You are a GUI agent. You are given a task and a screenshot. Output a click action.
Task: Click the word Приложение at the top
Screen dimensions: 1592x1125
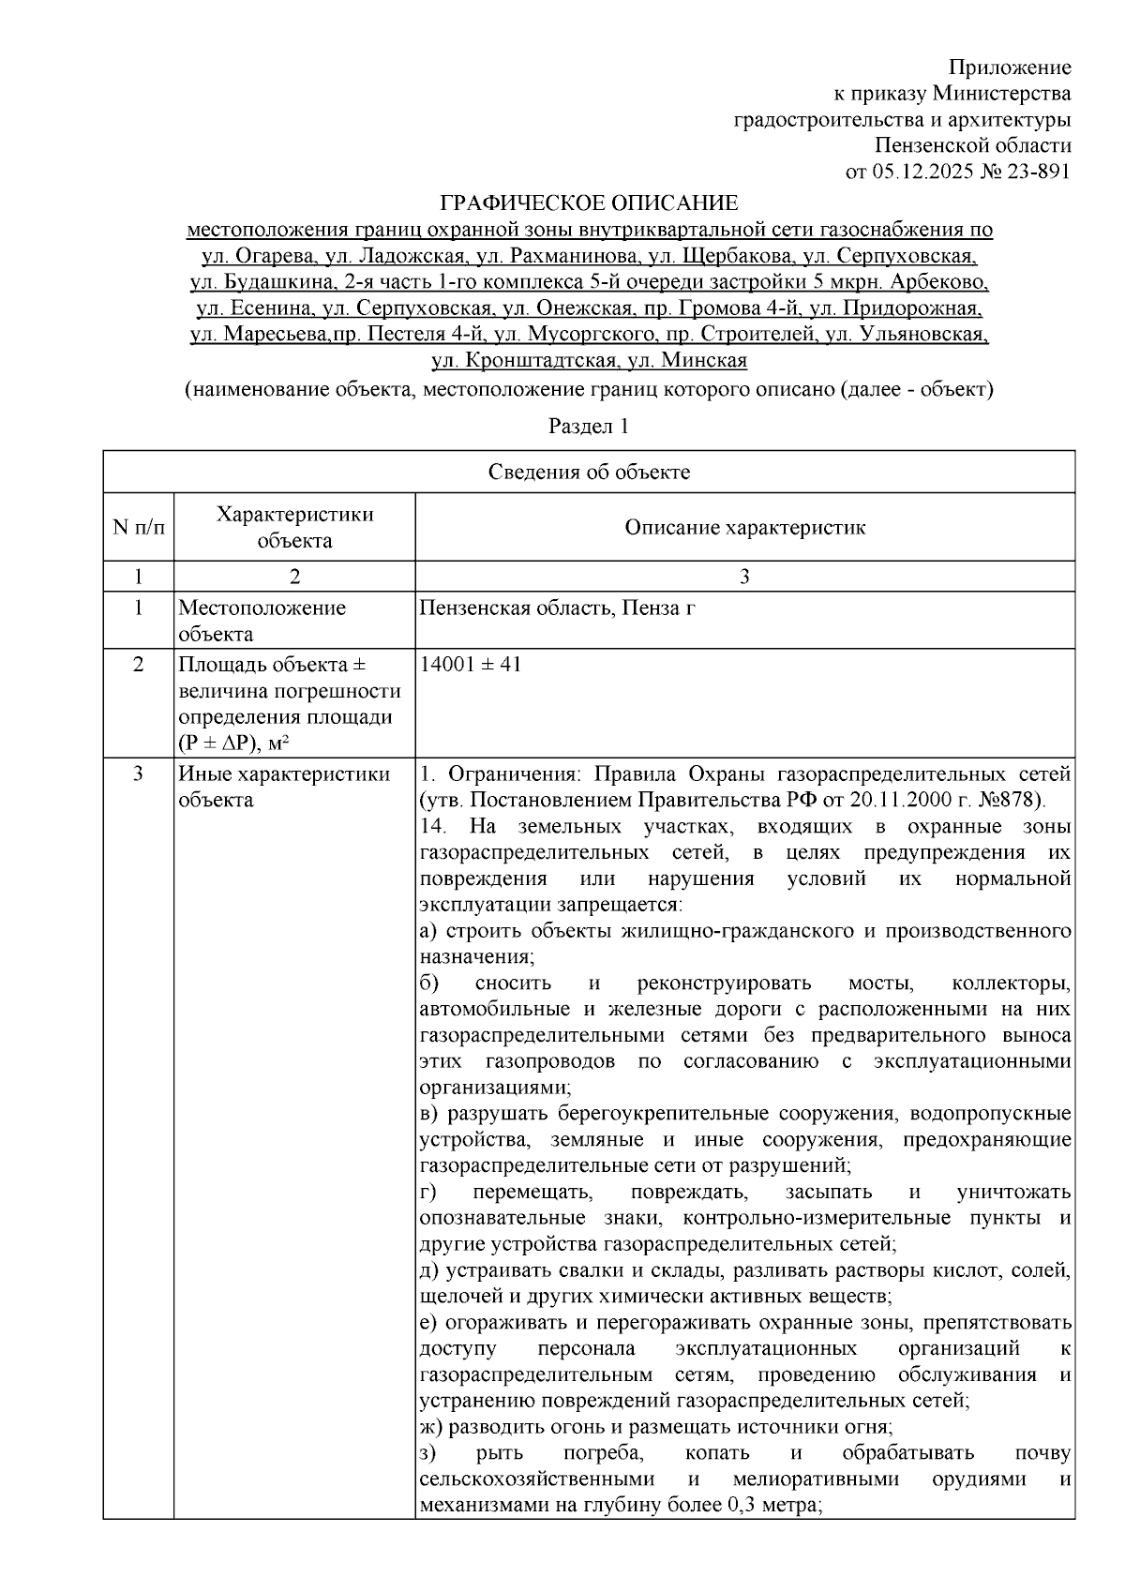click(x=1009, y=68)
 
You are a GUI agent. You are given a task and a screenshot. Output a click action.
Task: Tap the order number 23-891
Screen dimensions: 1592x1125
click(x=1039, y=172)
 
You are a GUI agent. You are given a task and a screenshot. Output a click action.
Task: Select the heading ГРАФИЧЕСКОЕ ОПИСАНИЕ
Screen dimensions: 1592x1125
click(x=590, y=203)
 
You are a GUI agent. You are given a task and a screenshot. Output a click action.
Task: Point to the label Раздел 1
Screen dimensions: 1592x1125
click(x=589, y=427)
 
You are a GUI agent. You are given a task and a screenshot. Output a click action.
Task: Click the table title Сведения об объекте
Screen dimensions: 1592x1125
click(x=589, y=472)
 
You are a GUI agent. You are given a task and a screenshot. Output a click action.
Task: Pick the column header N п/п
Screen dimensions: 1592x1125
click(x=138, y=527)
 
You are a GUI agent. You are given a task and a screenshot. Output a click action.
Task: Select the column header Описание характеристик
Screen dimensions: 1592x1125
click(x=744, y=527)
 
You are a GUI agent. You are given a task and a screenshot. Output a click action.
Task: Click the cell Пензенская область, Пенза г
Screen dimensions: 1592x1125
click(x=557, y=608)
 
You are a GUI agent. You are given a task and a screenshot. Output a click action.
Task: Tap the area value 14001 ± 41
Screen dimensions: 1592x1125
click(x=471, y=665)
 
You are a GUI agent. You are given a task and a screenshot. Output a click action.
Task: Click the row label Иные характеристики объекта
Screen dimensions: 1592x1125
click(x=284, y=788)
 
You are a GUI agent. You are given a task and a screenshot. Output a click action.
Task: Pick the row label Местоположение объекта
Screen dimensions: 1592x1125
click(x=262, y=621)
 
